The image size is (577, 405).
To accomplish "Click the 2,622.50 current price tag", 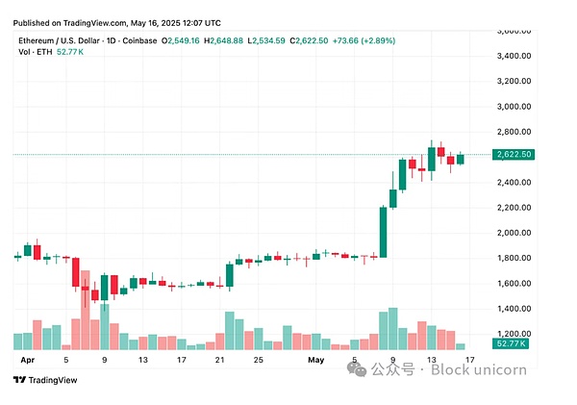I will pyautogui.click(x=514, y=154).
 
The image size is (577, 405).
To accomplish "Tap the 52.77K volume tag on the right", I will pyautogui.click(x=512, y=343).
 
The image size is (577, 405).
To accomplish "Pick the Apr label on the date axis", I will pyautogui.click(x=28, y=360).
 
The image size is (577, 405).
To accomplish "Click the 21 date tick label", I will pyautogui.click(x=220, y=360).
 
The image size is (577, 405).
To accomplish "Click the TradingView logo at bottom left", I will pyautogui.click(x=41, y=379).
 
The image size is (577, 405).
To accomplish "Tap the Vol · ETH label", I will pyautogui.click(x=36, y=53).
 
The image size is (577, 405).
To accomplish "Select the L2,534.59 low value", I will pyautogui.click(x=271, y=41).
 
